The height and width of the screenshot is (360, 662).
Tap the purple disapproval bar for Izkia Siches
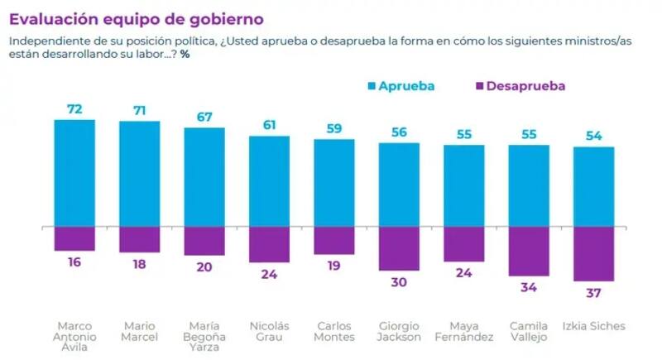(x=593, y=253)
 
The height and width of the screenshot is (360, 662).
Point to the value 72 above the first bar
(x=74, y=109)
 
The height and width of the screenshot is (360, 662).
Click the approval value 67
(x=204, y=117)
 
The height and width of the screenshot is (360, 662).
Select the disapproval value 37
(x=593, y=293)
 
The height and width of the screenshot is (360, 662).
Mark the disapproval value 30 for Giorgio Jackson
(x=399, y=281)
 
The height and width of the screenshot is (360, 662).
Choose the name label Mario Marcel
(x=139, y=330)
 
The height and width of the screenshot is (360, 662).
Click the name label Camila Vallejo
(x=529, y=330)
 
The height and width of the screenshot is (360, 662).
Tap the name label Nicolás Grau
(x=269, y=330)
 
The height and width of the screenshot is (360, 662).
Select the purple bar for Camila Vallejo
(x=529, y=251)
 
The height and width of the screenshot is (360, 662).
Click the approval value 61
(x=269, y=125)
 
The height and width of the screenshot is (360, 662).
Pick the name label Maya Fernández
(x=463, y=330)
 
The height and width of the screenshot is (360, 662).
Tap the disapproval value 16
(x=74, y=262)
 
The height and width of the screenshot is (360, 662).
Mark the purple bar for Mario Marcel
(x=139, y=239)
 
